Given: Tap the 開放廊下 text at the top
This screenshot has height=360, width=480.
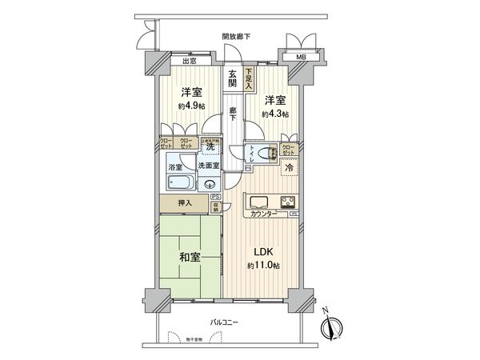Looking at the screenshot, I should [x=236, y=36].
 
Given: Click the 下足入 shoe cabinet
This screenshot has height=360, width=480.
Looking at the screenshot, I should [x=250, y=78].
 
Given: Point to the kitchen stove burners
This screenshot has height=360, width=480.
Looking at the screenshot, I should [x=286, y=201].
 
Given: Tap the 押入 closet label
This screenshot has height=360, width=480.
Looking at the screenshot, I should [x=184, y=204].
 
